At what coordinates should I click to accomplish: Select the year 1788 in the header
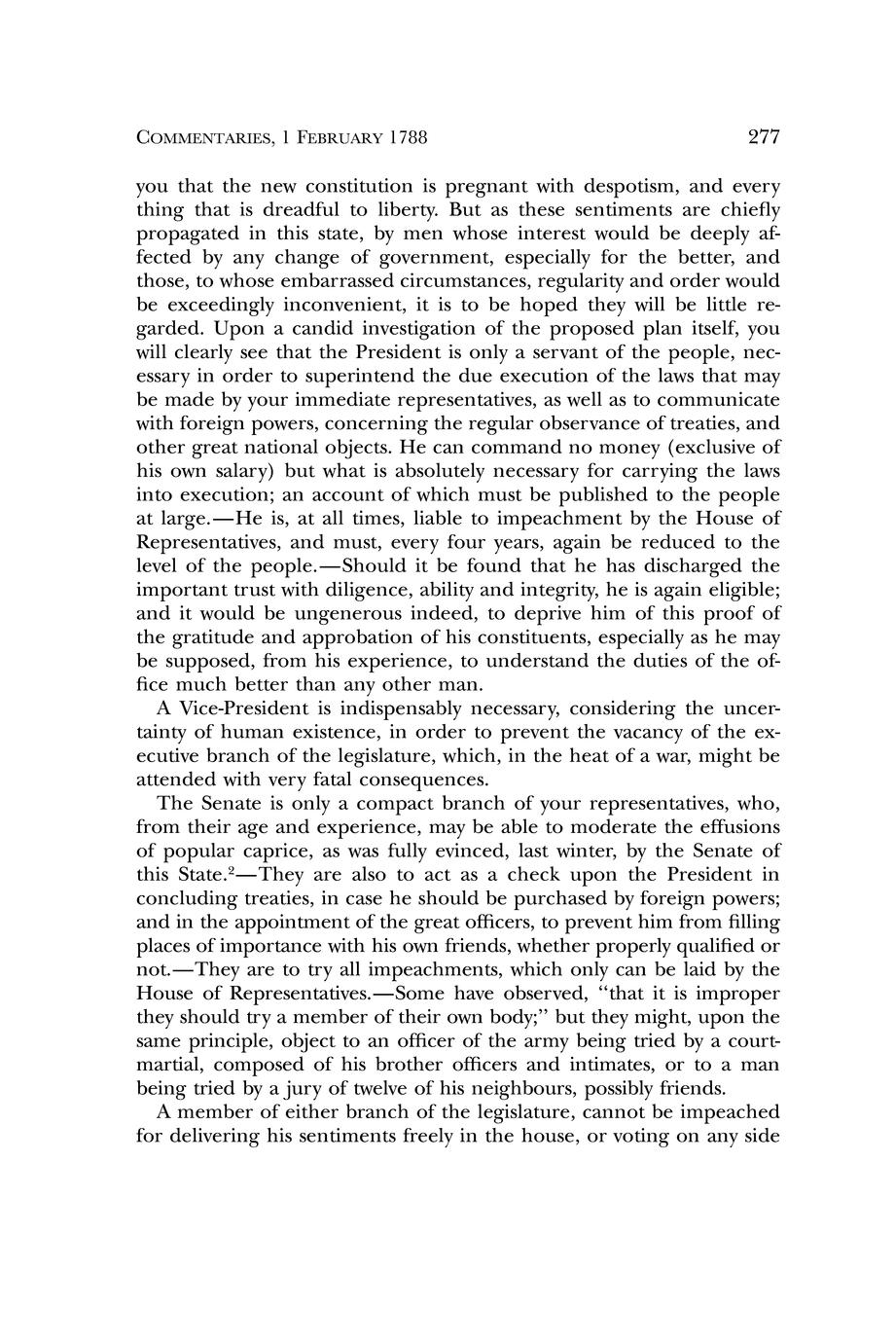pos(408,138)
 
